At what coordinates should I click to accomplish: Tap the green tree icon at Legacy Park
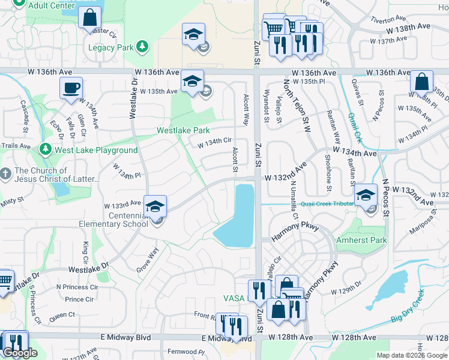142,46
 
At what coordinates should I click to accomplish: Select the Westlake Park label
183,130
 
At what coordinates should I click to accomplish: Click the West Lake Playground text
95,150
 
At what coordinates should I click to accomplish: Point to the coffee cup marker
71,88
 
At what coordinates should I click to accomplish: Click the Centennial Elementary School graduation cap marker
155,206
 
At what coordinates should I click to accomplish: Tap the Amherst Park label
369,240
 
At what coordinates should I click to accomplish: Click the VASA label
234,298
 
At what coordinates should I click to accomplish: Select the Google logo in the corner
20,353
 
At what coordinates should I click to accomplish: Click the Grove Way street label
147,259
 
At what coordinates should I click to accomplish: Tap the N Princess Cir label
76,287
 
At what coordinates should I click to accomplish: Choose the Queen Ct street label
62,314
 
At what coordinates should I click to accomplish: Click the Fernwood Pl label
186,352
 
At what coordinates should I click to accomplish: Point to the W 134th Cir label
215,143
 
